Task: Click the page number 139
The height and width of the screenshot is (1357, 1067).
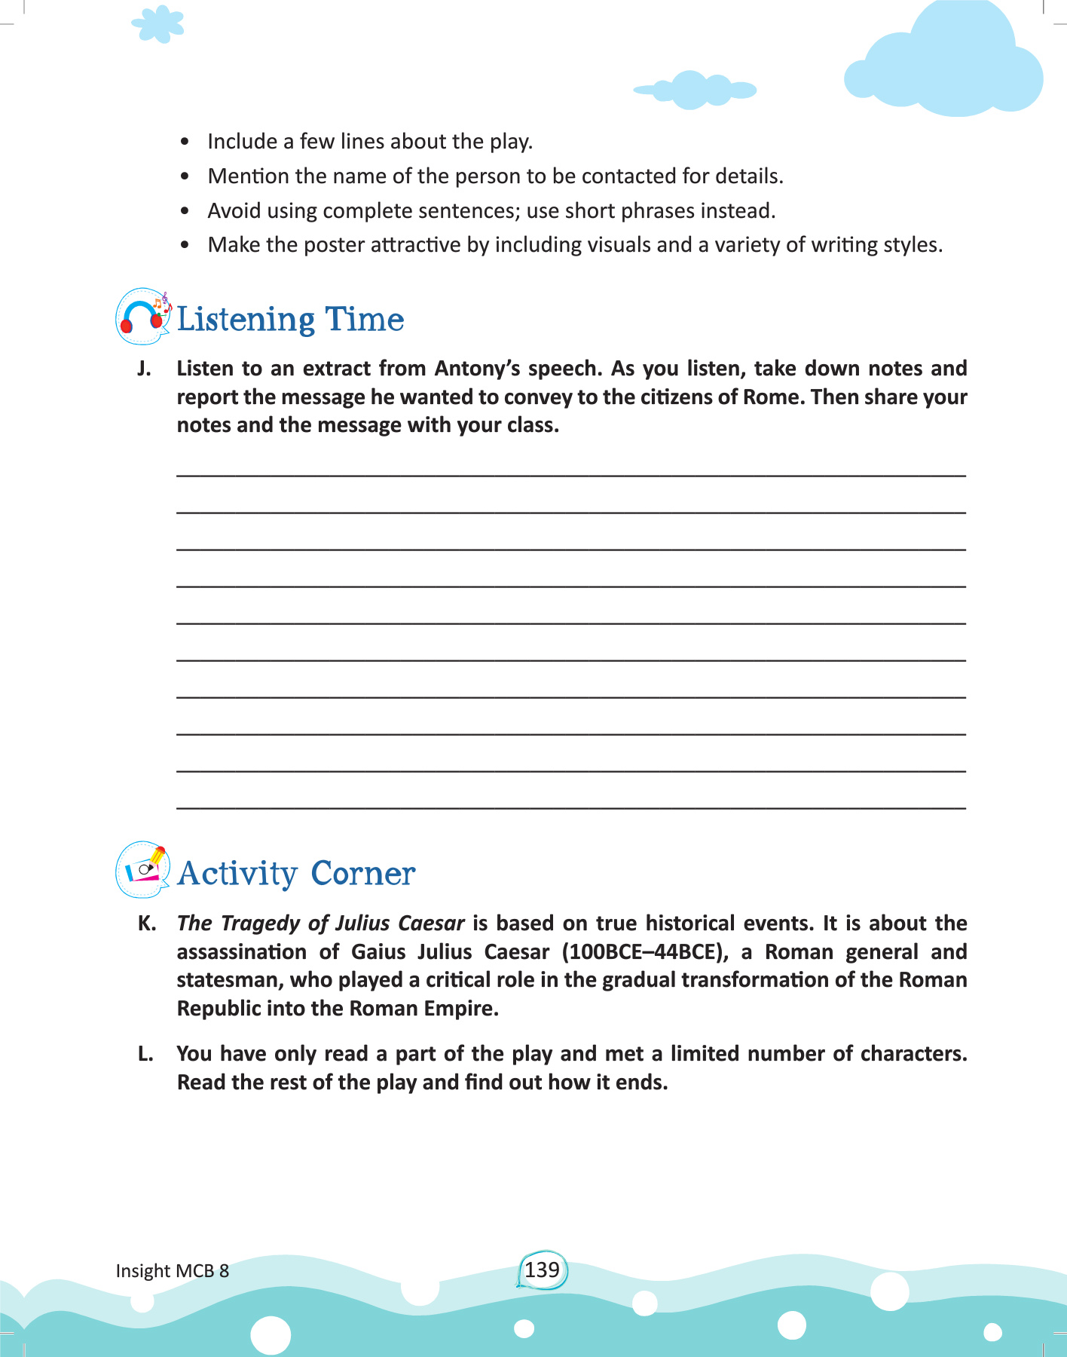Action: click(x=542, y=1270)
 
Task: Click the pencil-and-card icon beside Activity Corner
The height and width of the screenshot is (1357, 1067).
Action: click(x=143, y=870)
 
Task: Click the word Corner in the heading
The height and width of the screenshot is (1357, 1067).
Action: click(x=362, y=874)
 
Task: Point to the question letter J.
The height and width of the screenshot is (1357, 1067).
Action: click(x=144, y=369)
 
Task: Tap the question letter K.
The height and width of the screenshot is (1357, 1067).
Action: click(x=146, y=924)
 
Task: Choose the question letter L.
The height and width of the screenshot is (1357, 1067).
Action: click(x=145, y=1054)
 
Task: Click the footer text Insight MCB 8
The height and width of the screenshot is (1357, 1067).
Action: click(x=172, y=1271)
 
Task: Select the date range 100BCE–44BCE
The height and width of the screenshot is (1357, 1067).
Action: click(x=645, y=952)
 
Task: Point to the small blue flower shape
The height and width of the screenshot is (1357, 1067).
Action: click(x=158, y=24)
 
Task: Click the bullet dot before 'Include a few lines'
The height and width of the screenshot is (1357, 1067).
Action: click(x=185, y=142)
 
